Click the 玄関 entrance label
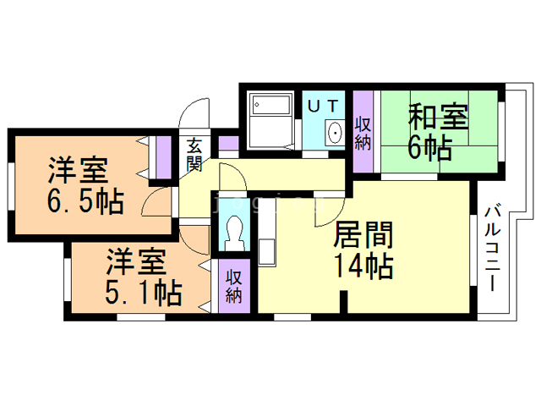point(194,155)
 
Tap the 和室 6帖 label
point(438,132)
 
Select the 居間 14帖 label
point(363,250)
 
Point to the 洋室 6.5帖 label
point(85,185)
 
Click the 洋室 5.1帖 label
point(143,277)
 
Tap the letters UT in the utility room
point(323,106)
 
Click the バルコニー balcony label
point(492,248)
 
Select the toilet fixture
point(235,233)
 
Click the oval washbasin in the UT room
point(335,133)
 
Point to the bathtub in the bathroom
point(271,104)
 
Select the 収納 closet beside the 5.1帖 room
point(235,286)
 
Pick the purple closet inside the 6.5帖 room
point(163,157)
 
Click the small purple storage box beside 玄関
point(228,143)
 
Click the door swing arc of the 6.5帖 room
point(152,197)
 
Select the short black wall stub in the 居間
point(343,302)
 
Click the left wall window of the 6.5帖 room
point(11,186)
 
